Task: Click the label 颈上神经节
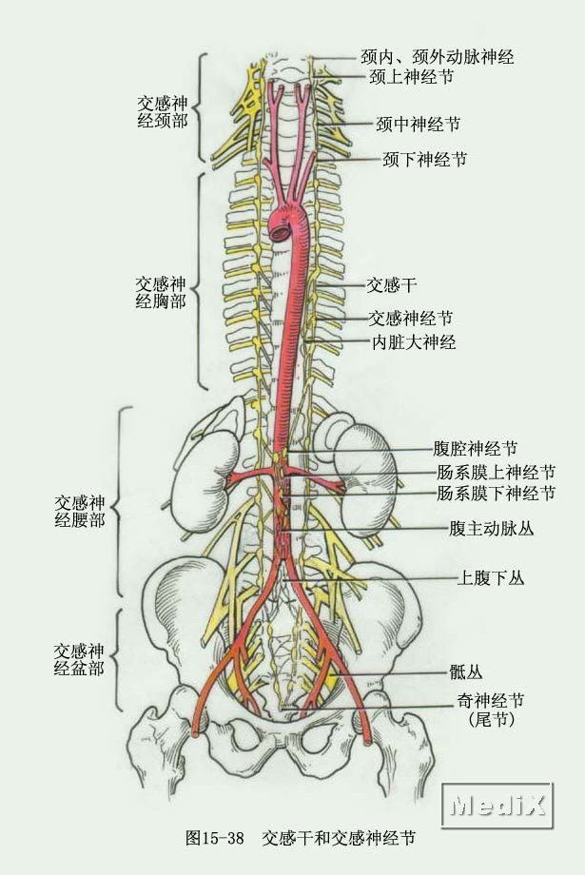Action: click(412, 78)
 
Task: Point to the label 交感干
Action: click(392, 283)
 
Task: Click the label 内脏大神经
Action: click(413, 342)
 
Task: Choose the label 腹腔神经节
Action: click(476, 449)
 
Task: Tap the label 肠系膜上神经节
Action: click(497, 472)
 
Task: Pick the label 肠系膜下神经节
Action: click(497, 494)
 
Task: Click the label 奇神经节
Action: click(490, 702)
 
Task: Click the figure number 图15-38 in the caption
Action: click(215, 838)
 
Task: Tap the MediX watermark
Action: click(498, 807)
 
